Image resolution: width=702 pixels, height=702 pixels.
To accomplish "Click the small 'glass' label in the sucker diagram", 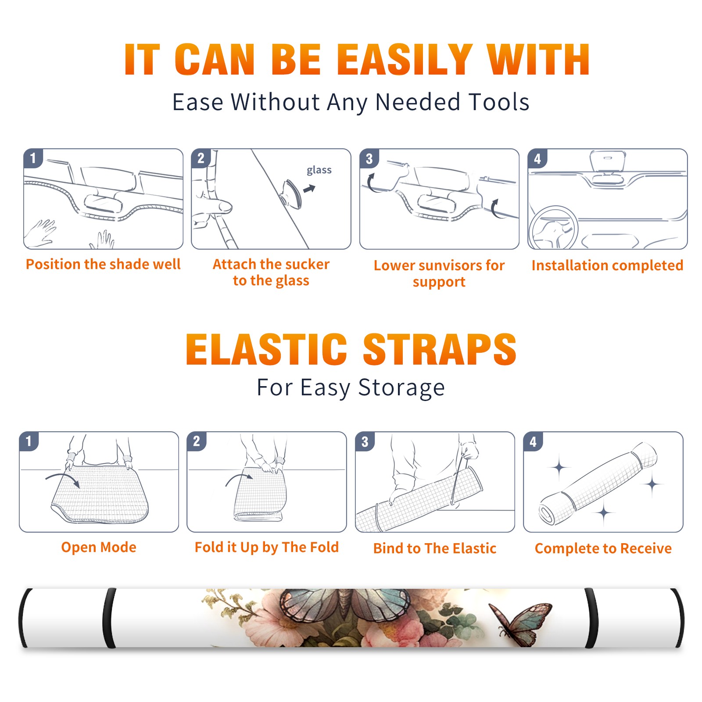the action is coord(319,170).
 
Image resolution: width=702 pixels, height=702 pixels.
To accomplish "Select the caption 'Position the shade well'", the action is coord(103,264).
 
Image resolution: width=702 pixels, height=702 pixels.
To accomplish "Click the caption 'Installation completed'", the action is coord(607,265).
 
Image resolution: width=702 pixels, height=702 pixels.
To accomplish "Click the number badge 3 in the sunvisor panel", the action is coord(369,159).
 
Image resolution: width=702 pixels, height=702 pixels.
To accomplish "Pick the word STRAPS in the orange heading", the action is coord(440,349).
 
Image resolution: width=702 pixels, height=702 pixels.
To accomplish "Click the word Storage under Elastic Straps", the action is coord(401,388).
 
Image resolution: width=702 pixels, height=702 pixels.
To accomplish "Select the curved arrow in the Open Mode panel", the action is coord(63,479).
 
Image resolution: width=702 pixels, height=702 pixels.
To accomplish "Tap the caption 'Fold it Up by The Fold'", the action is coord(267,548).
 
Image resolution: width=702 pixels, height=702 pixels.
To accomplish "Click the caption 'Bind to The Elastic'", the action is coord(435,548).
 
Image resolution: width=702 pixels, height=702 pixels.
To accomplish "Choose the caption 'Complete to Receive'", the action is coord(603,548).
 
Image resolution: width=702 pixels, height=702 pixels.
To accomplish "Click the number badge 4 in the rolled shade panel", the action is coord(533,442).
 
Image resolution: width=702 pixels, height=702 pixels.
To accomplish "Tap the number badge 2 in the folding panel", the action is coord(197,441).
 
